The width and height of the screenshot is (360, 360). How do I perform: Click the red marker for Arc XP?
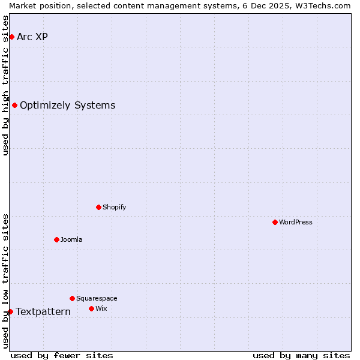tap(11, 37)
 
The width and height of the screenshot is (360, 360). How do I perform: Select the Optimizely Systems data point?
tap(14, 106)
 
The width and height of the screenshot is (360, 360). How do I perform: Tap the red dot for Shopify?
tap(98, 207)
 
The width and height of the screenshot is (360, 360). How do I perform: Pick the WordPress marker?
tap(275, 222)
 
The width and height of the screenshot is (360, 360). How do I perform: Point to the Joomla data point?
tap(56, 239)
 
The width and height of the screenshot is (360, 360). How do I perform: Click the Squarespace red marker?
tap(72, 298)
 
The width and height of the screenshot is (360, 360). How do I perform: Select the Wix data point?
tap(91, 308)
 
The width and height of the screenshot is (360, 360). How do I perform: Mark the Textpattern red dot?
tap(10, 311)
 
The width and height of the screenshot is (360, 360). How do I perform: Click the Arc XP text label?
tap(32, 37)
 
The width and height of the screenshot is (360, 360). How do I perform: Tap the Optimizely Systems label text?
tap(67, 106)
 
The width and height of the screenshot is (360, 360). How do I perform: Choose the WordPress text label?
tap(296, 222)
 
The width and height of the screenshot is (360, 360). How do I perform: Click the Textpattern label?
tap(43, 311)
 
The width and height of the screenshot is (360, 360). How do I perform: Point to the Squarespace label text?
tap(97, 298)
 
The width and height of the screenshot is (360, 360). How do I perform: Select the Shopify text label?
tap(114, 207)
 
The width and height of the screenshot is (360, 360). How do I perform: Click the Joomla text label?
tap(71, 239)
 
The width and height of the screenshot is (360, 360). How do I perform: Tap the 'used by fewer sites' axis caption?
tap(62, 355)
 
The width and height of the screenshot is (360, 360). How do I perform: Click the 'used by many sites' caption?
tap(301, 355)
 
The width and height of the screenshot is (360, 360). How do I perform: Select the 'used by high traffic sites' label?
tap(5, 85)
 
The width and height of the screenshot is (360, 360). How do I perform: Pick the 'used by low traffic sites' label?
tap(5, 281)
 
